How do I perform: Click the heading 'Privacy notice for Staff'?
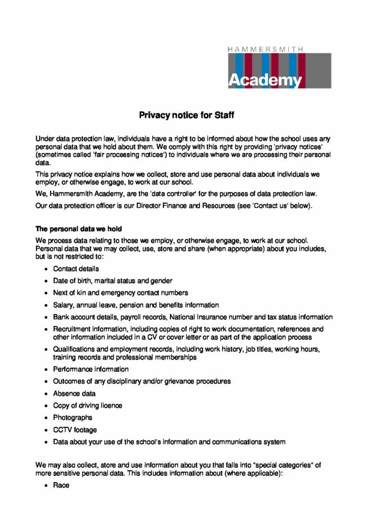[186, 115]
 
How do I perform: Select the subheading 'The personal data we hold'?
[79, 229]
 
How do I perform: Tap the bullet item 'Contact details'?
[76, 269]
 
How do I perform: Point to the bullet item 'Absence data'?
[74, 393]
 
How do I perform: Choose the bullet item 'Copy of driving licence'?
[87, 405]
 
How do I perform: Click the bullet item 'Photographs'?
[72, 418]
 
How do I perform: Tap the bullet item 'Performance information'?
[91, 369]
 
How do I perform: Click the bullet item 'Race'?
[61, 485]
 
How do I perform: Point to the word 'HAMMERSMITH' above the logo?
[265, 49]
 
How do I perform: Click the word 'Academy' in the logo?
[265, 80]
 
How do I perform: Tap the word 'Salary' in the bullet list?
[63, 305]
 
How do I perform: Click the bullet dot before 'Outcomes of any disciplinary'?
[47, 381]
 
